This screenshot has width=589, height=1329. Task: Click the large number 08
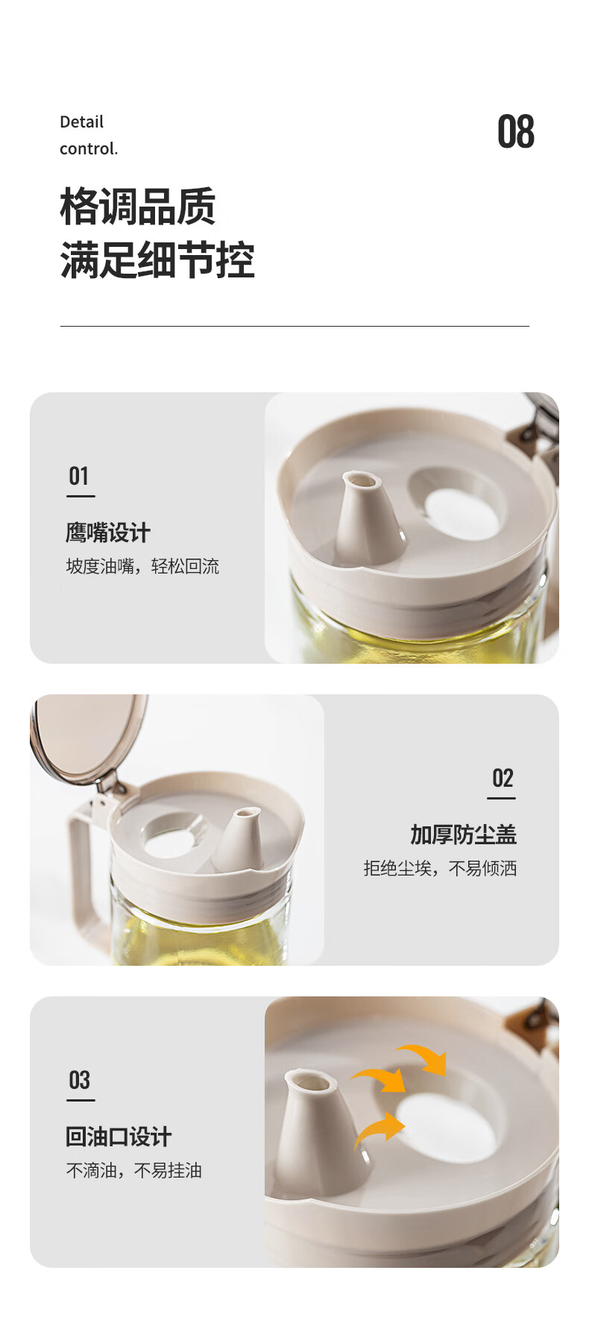516,132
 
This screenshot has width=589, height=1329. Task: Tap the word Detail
81,122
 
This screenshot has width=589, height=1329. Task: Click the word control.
89,148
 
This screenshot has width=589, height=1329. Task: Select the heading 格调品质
138,207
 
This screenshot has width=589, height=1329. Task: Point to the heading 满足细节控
157,260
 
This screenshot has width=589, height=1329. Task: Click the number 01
79,476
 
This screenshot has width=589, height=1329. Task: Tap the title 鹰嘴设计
108,532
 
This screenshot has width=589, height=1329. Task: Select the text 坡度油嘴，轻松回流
142,566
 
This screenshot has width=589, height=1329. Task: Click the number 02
503,779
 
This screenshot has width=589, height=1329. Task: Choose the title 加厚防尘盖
463,835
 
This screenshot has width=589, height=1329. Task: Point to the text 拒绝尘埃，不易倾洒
440,868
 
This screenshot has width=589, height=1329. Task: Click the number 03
79,1080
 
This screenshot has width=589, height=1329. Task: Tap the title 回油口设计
119,1137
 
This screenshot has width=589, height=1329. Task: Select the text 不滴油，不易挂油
134,1170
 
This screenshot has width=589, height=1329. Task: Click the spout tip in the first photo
360,479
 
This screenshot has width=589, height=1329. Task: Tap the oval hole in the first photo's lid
462,515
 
